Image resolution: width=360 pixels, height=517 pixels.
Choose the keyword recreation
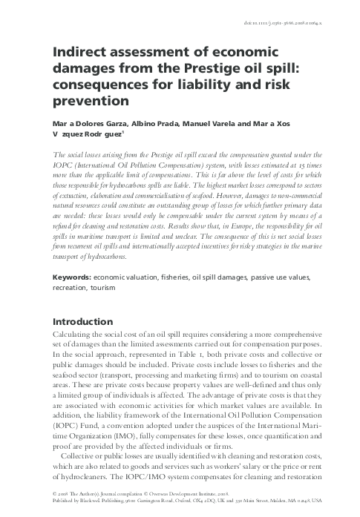(68, 286)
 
